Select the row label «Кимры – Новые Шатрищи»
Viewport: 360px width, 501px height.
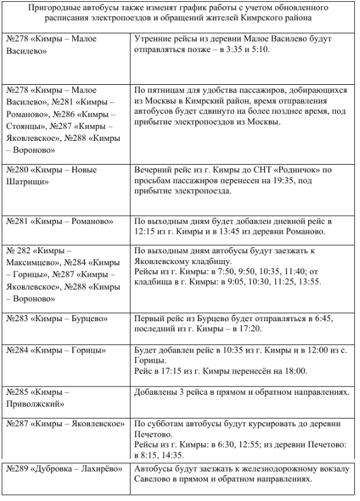coord(50,176)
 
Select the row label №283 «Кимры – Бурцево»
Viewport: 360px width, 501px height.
coord(55,319)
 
